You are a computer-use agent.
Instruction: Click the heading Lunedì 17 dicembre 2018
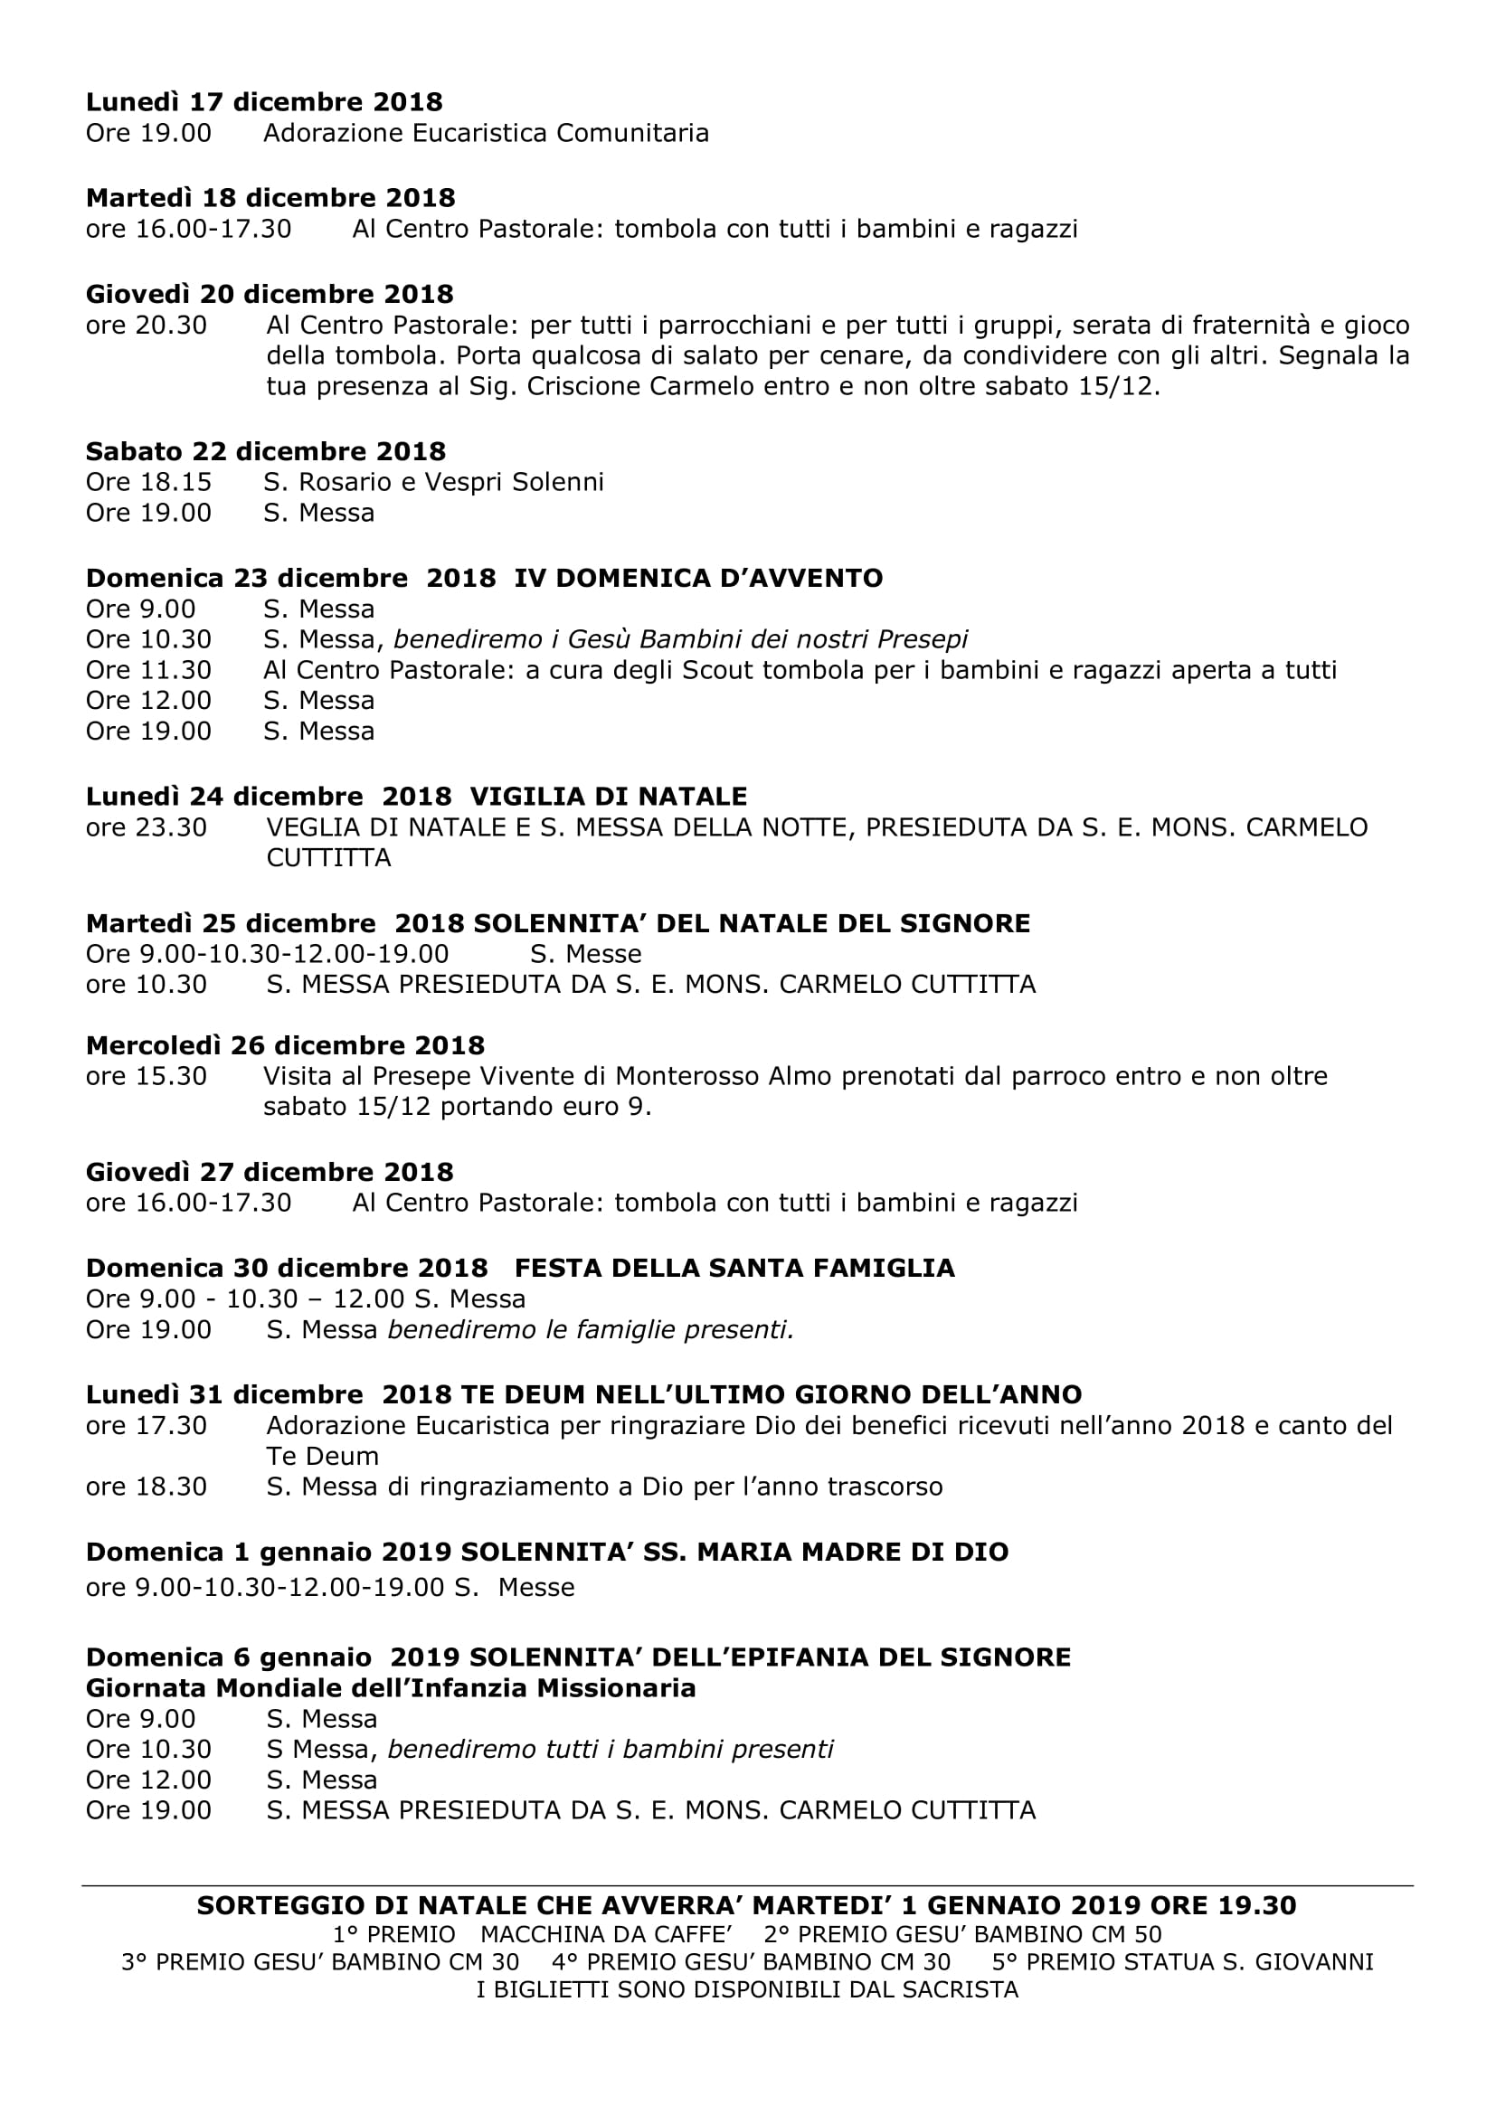(x=264, y=101)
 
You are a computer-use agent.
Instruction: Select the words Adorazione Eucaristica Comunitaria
(x=487, y=134)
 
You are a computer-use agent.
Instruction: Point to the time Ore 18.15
(x=148, y=482)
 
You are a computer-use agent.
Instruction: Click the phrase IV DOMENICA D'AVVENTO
(x=698, y=578)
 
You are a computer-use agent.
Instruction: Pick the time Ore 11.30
(x=148, y=670)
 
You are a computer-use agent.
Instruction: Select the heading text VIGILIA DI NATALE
(x=608, y=796)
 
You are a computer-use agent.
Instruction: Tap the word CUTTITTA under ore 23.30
(x=329, y=857)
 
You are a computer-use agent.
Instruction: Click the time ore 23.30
(x=147, y=827)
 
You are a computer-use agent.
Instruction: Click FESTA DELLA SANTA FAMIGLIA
(x=734, y=1269)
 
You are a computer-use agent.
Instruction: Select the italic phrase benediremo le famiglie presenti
(x=591, y=1330)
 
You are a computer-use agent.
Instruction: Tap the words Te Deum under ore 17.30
(x=322, y=1457)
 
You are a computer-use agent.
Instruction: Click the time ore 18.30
(x=147, y=1487)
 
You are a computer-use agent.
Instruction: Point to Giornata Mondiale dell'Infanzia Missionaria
(x=391, y=1688)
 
